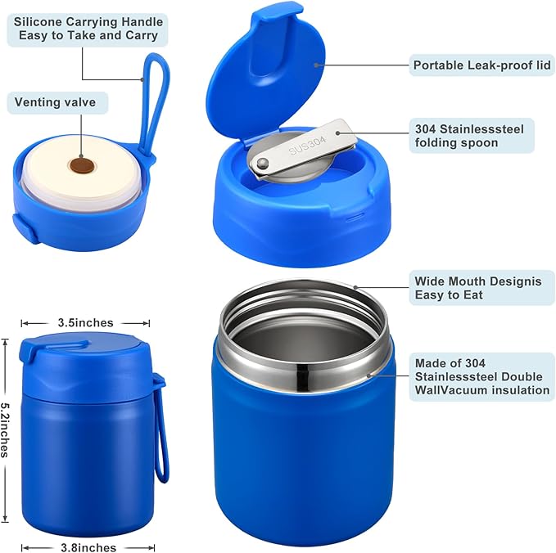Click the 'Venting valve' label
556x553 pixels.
(55, 102)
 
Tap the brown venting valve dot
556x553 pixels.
(80, 164)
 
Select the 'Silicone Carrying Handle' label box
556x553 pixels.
(88, 29)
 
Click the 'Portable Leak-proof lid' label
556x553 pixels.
(482, 65)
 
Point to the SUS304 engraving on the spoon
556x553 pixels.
(307, 140)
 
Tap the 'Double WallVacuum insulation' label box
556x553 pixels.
(482, 376)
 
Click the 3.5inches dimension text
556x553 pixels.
(85, 323)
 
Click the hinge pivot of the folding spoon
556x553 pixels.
(260, 164)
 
